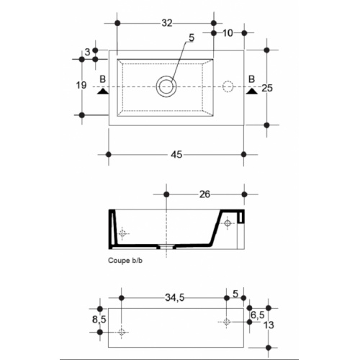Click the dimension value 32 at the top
(166, 23)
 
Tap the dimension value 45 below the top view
(176, 153)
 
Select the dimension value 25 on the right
(267, 88)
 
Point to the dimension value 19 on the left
(81, 86)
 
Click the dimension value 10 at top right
(228, 33)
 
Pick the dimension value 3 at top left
(87, 51)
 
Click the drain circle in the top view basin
(166, 86)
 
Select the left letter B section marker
(103, 78)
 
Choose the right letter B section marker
(252, 78)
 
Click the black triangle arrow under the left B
(102, 91)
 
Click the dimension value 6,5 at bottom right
(257, 314)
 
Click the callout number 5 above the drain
(191, 38)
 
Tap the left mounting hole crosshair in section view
(123, 233)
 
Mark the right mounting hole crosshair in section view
(228, 223)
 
